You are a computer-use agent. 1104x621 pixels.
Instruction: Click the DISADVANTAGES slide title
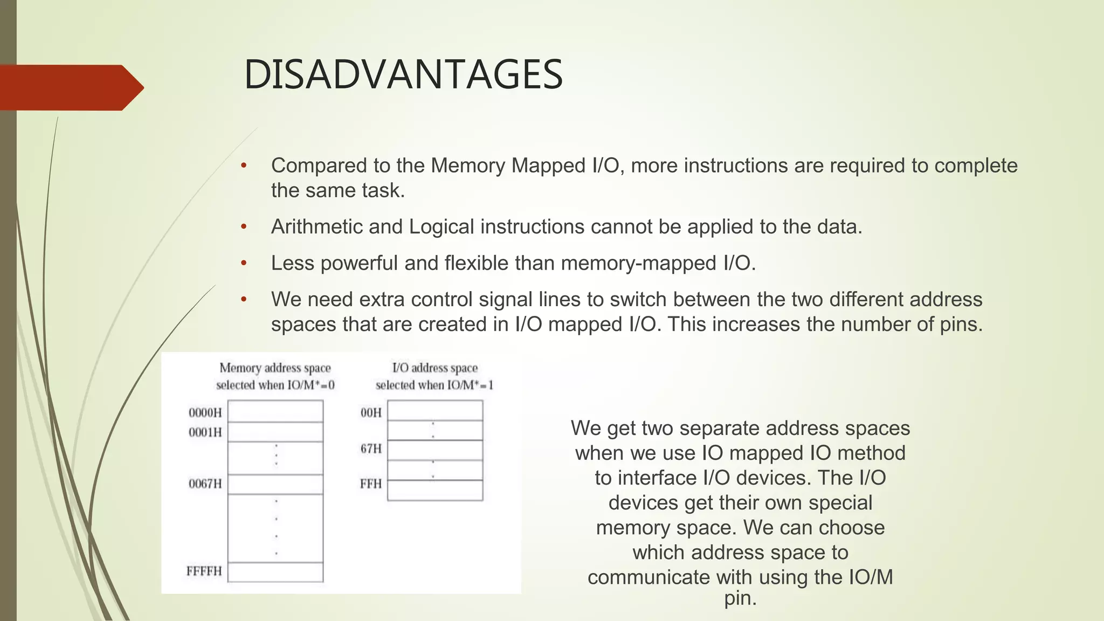[403, 74]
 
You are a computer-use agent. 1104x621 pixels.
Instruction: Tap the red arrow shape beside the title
[70, 88]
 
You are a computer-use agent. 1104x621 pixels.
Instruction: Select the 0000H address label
[205, 413]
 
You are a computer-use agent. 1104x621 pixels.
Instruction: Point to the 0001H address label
[205, 432]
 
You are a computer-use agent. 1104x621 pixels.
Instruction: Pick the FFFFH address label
[204, 571]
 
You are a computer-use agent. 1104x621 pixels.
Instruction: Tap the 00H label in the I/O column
[371, 413]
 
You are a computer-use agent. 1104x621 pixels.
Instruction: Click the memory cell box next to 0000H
[275, 411]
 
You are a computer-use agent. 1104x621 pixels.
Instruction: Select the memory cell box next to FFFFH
[275, 572]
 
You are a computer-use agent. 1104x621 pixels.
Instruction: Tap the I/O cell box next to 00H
[435, 410]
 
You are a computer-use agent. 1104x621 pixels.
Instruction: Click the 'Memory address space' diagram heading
[275, 368]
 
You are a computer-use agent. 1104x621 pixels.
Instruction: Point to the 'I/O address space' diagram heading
[434, 368]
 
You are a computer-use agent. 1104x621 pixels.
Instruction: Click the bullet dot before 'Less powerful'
[244, 264]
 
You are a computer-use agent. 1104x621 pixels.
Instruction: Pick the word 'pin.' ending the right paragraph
[740, 598]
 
